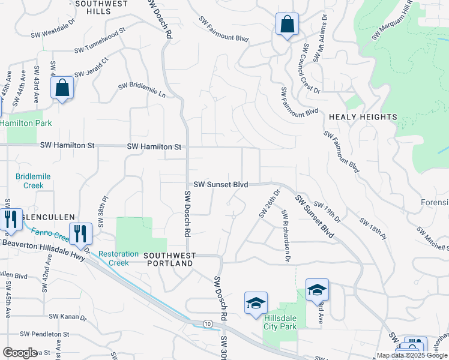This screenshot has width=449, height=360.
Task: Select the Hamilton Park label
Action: pos(26,123)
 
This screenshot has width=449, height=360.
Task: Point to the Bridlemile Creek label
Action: pos(33,181)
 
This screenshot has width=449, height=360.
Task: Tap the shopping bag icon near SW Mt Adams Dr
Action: pos(288,25)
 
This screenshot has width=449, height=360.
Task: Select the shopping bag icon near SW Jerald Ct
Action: pos(62,88)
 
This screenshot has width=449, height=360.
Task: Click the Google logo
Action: pos(20,353)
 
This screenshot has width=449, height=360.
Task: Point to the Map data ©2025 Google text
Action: pos(412,355)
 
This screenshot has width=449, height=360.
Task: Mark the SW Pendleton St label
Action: pos(45,334)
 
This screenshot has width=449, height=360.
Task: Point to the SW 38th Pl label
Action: pos(103,212)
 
